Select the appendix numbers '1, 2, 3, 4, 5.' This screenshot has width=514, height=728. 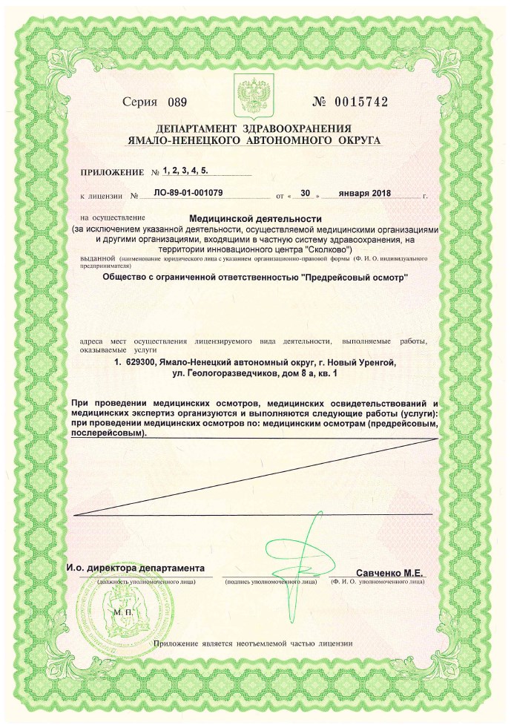click(185, 171)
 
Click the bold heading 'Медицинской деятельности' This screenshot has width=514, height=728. click(256, 219)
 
